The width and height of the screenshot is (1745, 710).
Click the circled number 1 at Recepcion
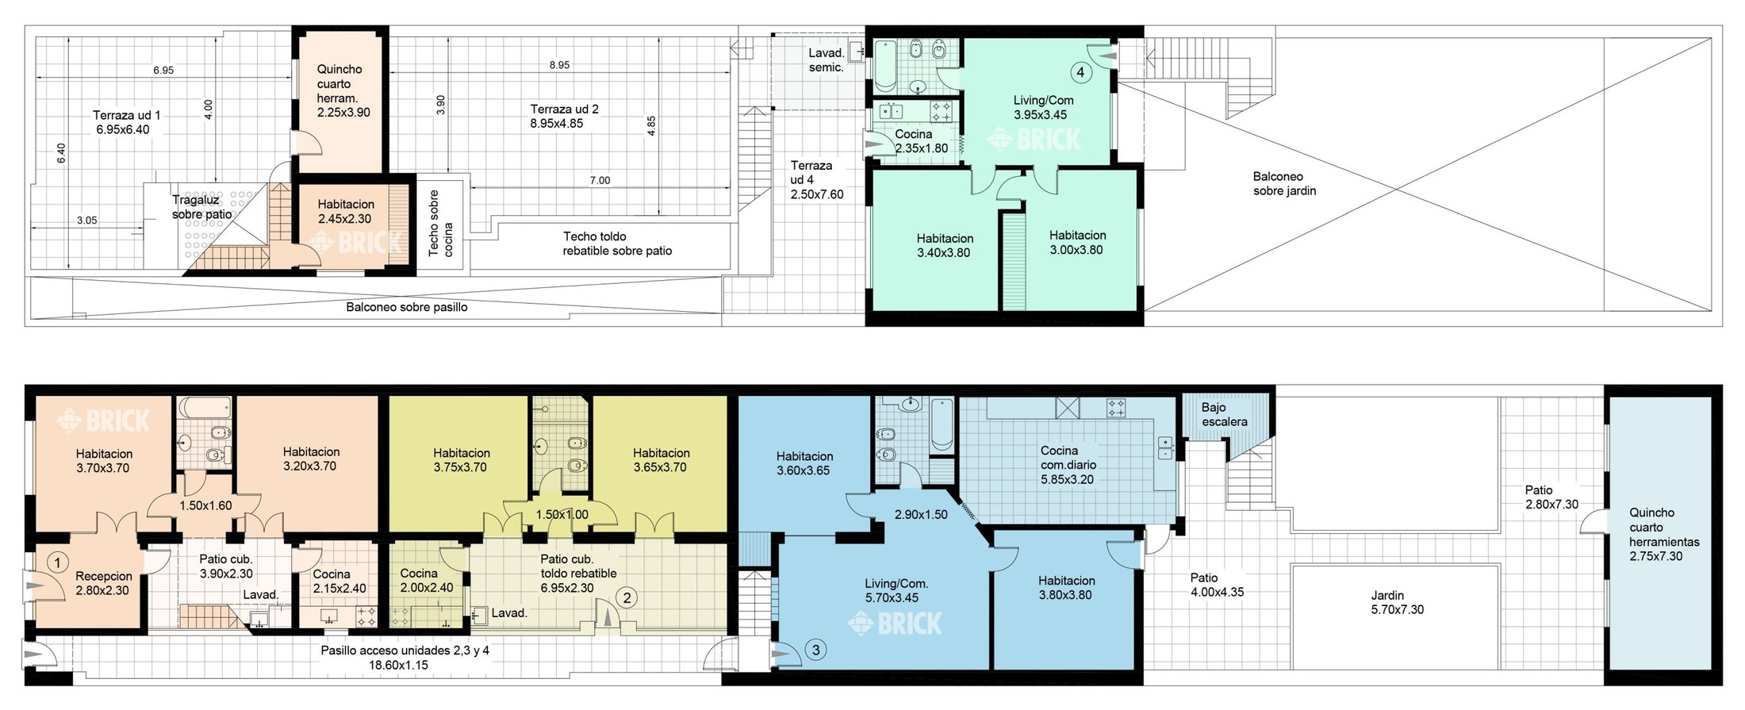[x=57, y=562]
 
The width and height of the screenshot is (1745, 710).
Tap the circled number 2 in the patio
[x=627, y=597]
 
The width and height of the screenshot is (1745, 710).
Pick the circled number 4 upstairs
[x=1080, y=72]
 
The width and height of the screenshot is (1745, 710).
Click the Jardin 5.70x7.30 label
[x=1397, y=602]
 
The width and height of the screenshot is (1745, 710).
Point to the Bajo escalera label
[x=1224, y=415]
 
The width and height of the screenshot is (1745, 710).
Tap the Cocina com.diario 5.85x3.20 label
[x=1068, y=465]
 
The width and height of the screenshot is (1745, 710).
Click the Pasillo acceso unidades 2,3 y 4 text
[x=405, y=651]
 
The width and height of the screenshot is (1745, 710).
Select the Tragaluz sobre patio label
[x=202, y=207]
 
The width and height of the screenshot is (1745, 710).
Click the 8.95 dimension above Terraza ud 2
[x=559, y=65]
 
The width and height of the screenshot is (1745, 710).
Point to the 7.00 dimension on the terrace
[x=600, y=180]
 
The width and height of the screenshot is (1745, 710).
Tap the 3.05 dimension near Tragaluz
[x=86, y=221]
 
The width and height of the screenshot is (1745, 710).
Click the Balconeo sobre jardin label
[x=1284, y=183]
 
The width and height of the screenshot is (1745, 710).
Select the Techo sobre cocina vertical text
[x=440, y=223]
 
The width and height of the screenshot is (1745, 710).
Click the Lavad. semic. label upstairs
[x=826, y=60]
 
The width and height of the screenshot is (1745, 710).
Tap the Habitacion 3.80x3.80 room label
[x=1066, y=588]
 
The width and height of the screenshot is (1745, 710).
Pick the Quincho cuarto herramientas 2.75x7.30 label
[x=1664, y=535]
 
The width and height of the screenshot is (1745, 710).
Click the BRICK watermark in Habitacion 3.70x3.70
[x=103, y=420]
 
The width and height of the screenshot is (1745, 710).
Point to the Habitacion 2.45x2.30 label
[x=346, y=212]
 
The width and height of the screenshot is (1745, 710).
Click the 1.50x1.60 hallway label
[x=205, y=505]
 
